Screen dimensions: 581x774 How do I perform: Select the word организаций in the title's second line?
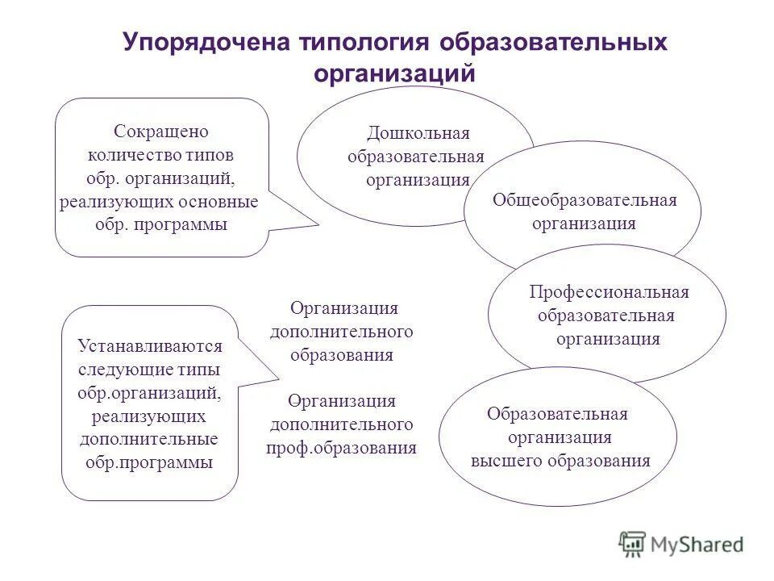click(x=395, y=73)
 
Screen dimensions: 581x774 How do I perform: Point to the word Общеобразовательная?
click(x=585, y=200)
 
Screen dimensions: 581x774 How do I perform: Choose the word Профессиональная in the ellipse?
click(x=609, y=292)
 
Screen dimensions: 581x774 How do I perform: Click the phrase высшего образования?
click(x=560, y=461)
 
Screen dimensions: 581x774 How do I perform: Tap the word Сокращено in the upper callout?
click(x=161, y=131)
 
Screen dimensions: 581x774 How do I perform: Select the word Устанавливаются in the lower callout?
click(x=150, y=346)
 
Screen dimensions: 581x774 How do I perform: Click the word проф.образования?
click(x=342, y=448)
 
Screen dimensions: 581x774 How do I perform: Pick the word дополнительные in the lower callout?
click(x=149, y=440)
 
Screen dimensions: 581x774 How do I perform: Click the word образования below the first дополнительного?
click(x=343, y=355)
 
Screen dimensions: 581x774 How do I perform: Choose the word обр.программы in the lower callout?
click(x=149, y=463)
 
